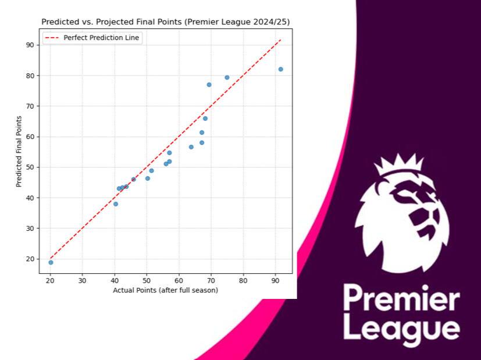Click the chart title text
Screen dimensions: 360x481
pos(165,22)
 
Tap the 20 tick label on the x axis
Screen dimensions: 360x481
pos(50,280)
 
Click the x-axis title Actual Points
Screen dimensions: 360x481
pos(165,290)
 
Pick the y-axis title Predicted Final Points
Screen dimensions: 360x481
pos(19,151)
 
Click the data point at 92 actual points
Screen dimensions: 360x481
pos(280,69)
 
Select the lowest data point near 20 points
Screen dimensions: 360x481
pos(51,262)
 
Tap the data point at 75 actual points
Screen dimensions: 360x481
pos(227,77)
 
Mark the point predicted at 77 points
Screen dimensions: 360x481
pos(209,84)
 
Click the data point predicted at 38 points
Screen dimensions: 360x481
pos(116,204)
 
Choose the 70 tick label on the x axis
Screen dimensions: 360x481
pos(211,280)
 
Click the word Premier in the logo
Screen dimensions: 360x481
pos(401,300)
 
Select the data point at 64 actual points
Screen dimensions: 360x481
pos(191,147)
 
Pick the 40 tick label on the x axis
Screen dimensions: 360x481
pos(115,280)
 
